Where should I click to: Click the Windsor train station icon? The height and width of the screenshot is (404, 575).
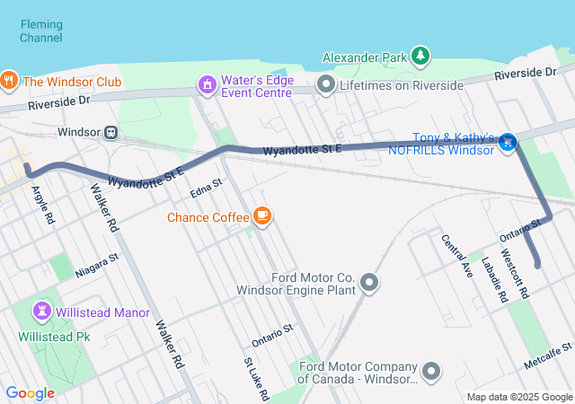111,132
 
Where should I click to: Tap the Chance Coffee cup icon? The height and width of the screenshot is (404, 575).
262,216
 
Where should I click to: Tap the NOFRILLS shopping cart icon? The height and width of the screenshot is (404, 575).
509,141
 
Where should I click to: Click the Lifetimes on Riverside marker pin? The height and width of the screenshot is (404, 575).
326,85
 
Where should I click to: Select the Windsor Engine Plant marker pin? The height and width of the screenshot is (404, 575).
369,285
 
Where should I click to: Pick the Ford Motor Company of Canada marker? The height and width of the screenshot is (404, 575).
432,371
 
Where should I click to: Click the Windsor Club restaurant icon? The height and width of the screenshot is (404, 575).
9,81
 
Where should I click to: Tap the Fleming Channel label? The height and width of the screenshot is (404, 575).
41,31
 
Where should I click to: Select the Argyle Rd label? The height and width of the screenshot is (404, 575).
42,206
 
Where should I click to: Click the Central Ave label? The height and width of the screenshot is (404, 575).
456,255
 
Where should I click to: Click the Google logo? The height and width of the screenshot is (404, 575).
30,392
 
